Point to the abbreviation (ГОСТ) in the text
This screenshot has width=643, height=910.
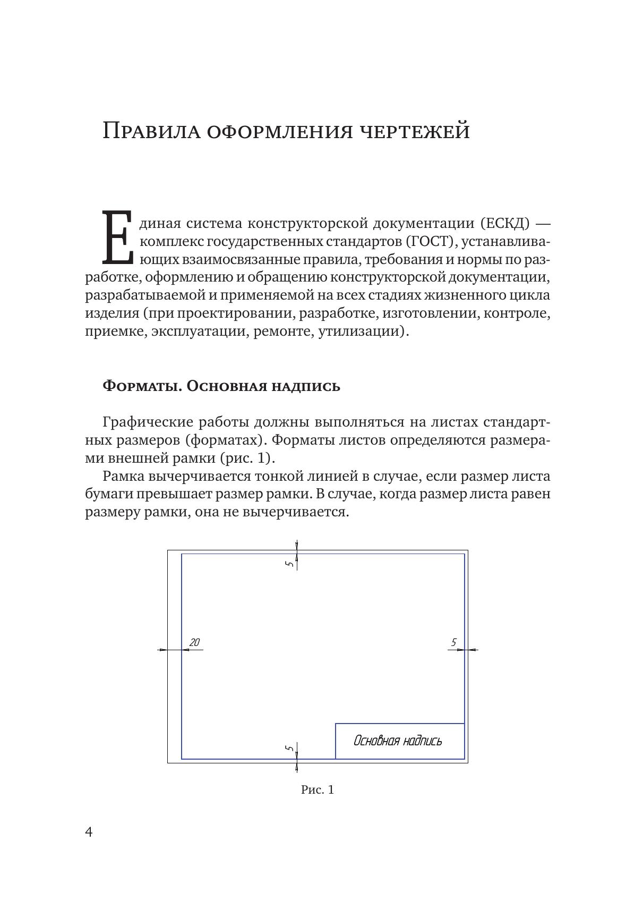point(432,242)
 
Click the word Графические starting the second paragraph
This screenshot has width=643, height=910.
point(148,422)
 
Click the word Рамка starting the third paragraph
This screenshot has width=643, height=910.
point(124,476)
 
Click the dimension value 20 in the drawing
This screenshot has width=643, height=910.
point(194,643)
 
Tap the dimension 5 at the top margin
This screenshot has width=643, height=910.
point(289,564)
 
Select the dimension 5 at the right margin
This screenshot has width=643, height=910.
point(453,643)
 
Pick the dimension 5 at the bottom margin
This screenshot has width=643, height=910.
point(289,748)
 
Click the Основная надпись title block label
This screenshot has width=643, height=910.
point(398,741)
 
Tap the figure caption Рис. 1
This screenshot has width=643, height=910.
point(318,790)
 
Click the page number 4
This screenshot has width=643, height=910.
point(89,832)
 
